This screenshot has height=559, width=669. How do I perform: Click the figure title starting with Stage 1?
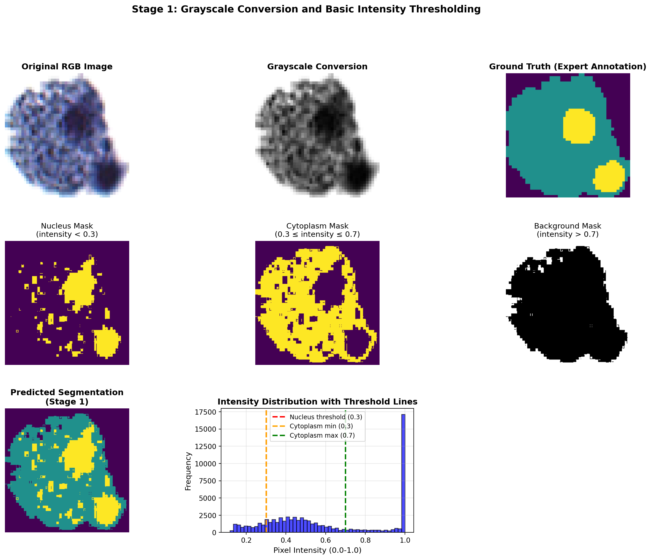tap(306, 9)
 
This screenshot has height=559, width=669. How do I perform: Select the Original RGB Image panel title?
tap(67, 67)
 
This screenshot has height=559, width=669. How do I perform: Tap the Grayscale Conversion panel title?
tap(317, 67)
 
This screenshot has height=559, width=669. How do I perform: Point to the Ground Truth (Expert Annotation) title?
tap(568, 67)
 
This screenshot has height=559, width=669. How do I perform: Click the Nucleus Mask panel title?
tap(67, 230)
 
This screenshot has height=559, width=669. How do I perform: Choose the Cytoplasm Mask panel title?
tap(317, 230)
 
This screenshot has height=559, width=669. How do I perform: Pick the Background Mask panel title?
tap(568, 230)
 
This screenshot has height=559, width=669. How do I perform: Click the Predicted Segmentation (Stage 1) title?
tap(67, 397)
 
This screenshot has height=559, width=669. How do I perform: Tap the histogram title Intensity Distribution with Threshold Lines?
tap(317, 402)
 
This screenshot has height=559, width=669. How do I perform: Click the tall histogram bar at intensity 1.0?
tap(403, 472)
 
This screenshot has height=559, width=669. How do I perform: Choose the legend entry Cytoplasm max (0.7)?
tap(322, 435)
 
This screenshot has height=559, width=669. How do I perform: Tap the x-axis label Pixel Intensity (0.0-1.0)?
tap(317, 550)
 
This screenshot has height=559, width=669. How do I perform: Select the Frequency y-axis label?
tap(188, 472)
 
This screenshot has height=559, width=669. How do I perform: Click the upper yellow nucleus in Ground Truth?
tap(579, 126)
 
